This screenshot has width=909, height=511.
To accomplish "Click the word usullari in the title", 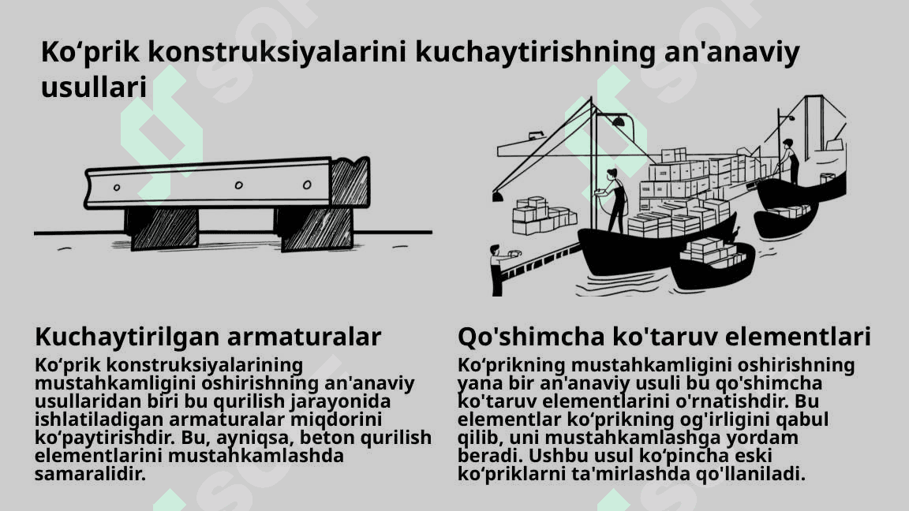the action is coord(93,88).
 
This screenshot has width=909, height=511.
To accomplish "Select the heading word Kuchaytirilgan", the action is coord(126,337).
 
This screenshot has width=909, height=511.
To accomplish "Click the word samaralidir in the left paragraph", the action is coord(90,474).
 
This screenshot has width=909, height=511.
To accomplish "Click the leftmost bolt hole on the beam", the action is coord(117,188).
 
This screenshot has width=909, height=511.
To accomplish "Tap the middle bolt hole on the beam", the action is coord(238,185).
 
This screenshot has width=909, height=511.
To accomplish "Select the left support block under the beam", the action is coord(162,228).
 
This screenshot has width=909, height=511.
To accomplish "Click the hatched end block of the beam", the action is coord(350,182).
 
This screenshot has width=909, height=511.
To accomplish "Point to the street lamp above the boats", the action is coord(618,121).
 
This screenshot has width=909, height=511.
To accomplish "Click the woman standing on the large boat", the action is coord(614,201).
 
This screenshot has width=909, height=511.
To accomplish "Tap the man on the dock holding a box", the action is coord(499,270).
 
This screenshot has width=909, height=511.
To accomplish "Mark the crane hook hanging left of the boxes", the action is coord(497,197).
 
